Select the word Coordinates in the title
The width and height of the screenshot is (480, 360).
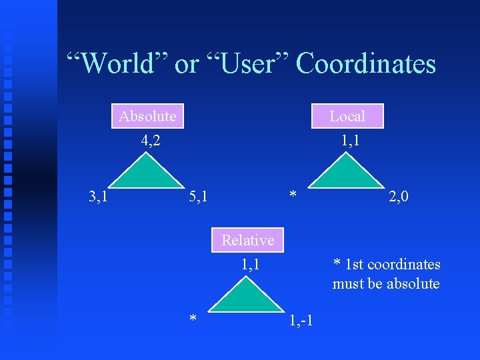click(x=365, y=64)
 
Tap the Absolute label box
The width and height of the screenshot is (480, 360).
click(x=147, y=116)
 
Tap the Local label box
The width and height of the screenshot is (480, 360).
click(x=347, y=116)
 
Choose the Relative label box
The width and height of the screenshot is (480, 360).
click(x=248, y=240)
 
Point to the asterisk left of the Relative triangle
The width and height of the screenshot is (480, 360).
click(x=193, y=320)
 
